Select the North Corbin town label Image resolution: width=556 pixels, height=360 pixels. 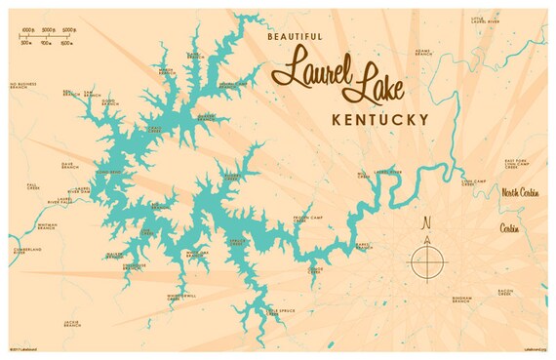(522, 192)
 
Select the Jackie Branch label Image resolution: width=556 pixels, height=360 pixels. (72, 322)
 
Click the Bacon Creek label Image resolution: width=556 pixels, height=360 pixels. (504, 292)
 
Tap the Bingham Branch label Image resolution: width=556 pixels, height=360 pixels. (461, 299)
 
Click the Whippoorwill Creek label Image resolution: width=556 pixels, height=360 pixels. (180, 296)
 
